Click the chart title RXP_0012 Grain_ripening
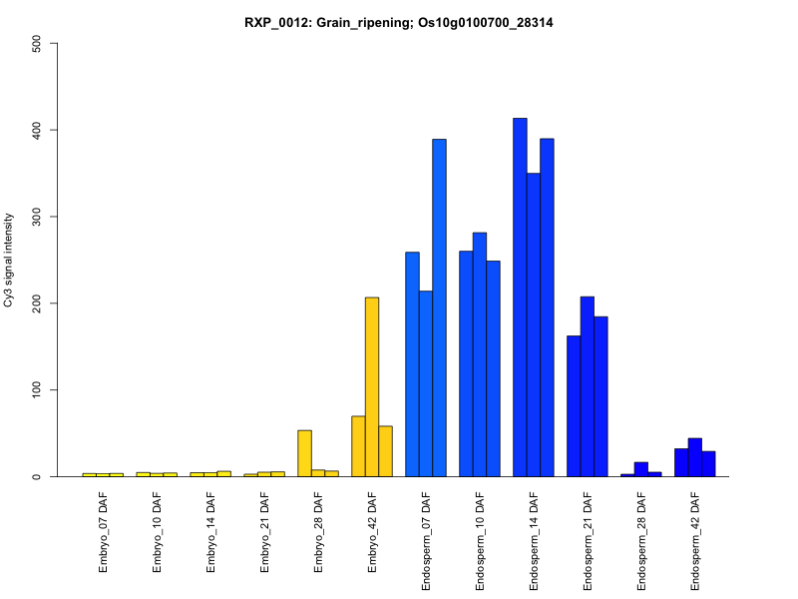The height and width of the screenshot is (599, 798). click(x=399, y=22)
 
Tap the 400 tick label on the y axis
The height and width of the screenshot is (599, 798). click(x=37, y=130)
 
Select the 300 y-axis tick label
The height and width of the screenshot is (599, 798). click(x=37, y=217)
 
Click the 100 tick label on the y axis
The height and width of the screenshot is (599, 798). click(x=37, y=389)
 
